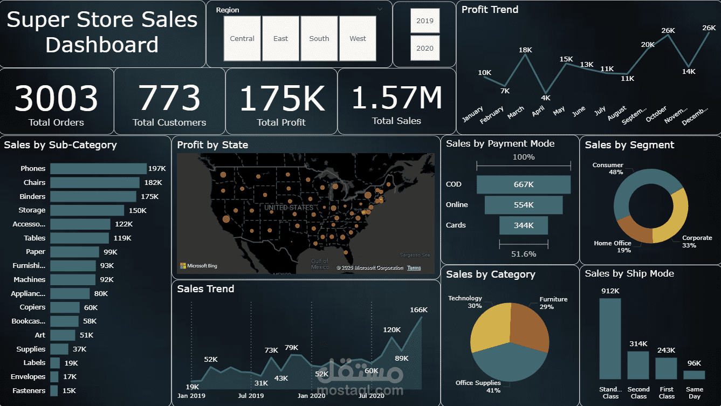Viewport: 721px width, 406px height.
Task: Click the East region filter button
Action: click(280, 39)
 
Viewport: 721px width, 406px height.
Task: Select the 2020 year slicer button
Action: click(425, 49)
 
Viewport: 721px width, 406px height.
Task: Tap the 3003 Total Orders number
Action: click(56, 98)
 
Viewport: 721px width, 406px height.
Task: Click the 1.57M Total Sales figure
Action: click(397, 97)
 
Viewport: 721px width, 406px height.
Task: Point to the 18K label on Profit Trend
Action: click(525, 50)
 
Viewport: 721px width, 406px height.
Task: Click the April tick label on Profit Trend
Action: click(539, 111)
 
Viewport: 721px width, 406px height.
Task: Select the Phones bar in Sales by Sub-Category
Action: click(98, 169)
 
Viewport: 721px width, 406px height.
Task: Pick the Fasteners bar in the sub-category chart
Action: click(54, 390)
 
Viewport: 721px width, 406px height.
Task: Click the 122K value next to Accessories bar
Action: click(124, 224)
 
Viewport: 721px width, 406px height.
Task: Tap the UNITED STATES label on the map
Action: click(289, 208)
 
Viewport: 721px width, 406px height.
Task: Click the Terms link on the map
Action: click(414, 267)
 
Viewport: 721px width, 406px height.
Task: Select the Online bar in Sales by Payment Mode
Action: click(524, 205)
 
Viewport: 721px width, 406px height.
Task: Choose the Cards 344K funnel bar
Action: click(524, 225)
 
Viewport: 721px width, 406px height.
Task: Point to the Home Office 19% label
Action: click(613, 247)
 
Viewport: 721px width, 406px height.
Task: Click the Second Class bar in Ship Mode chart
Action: click(638, 365)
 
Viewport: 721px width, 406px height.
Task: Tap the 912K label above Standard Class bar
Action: click(610, 291)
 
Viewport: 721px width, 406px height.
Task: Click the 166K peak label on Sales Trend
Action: click(418, 310)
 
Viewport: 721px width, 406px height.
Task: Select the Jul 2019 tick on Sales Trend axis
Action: click(251, 396)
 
